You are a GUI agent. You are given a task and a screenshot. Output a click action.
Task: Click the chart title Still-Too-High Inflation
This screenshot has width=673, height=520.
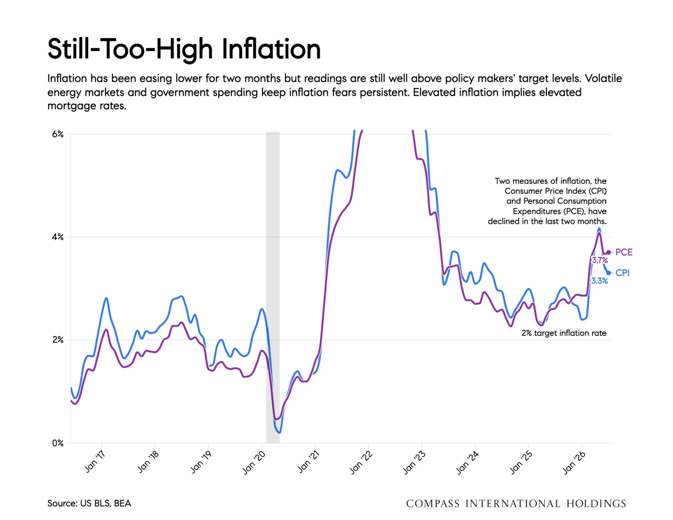(184, 49)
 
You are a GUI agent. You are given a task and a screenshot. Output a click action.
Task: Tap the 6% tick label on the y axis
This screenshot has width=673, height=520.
(57, 134)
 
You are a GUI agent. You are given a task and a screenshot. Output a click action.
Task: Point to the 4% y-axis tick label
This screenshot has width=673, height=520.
(57, 237)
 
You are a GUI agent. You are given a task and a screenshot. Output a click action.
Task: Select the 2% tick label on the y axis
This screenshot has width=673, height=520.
(57, 340)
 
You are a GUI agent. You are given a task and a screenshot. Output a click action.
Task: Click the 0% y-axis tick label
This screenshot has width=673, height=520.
(57, 443)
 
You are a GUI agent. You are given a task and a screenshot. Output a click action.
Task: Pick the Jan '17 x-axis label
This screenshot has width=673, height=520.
(94, 462)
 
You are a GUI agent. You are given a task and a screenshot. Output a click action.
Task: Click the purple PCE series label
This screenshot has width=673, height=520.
(624, 252)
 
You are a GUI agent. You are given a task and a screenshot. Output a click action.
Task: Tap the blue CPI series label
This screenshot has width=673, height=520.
(622, 273)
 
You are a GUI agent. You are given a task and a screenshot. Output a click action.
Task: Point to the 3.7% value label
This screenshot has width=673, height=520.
(600, 260)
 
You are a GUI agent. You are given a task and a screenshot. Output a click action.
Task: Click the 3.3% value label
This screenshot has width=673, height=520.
(600, 281)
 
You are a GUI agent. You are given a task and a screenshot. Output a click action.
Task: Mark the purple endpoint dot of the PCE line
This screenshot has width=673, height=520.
(608, 252)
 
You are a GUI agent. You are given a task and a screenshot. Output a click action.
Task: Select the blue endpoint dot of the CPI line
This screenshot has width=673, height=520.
(608, 273)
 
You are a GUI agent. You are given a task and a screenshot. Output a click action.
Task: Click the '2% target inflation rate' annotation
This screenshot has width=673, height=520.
(564, 333)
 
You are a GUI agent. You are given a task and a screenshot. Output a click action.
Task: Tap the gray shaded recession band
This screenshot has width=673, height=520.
(273, 287)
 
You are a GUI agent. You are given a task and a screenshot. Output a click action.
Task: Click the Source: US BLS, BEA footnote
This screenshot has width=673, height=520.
(89, 503)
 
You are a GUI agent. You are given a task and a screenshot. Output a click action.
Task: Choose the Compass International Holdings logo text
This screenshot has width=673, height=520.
(516, 504)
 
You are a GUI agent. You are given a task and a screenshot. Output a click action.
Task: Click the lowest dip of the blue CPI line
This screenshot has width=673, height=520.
(279, 432)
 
